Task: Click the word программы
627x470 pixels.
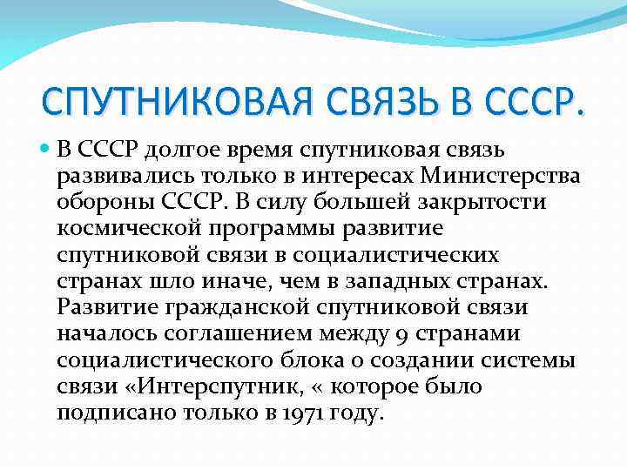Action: click(x=267, y=229)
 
